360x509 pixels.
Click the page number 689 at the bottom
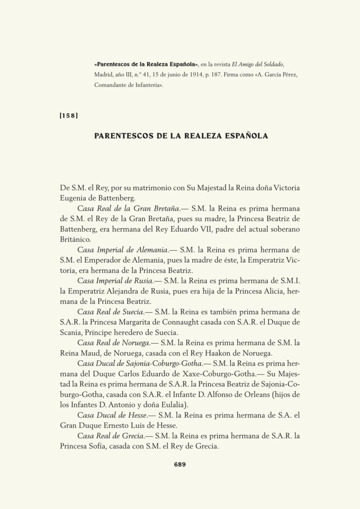180,464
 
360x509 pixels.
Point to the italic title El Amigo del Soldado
256,64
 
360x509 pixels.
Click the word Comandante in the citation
111,85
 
